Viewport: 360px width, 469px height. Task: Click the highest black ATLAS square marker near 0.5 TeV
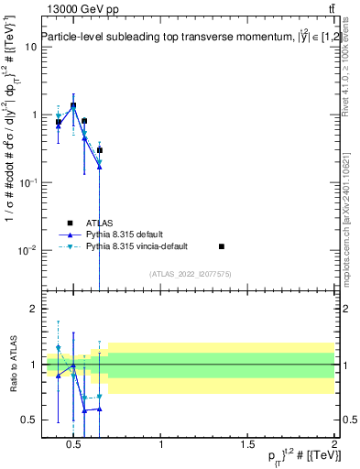point(73,105)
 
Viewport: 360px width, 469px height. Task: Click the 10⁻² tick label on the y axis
point(27,250)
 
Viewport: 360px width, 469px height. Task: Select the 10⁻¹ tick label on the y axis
point(27,182)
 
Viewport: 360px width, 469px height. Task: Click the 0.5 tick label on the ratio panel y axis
point(28,420)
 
